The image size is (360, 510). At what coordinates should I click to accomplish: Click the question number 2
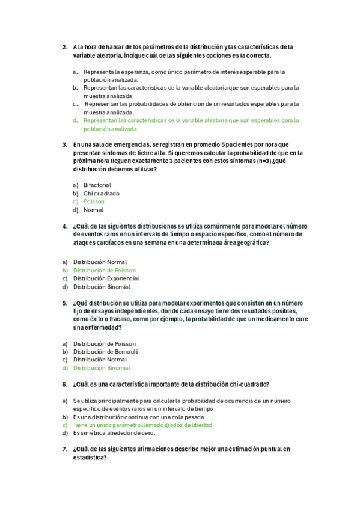pos(64,46)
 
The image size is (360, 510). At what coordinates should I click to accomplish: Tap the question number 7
pos(64,449)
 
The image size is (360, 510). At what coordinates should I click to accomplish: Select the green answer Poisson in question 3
pos(94,202)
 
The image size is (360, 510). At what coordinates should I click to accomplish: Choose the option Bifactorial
pos(97,185)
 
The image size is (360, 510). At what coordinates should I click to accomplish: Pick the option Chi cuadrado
pos(102,194)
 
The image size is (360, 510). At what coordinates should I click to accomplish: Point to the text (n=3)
pos(262,161)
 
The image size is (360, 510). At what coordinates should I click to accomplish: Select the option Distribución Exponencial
pos(106,278)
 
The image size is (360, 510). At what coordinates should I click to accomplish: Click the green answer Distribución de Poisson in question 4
pos(105,271)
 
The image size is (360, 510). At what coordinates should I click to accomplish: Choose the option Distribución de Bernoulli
pos(106,351)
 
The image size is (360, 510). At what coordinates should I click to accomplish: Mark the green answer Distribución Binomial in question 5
pos(102,368)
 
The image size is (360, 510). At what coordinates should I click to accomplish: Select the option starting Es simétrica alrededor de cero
pos(114,432)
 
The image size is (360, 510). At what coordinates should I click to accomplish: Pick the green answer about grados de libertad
pos(142,425)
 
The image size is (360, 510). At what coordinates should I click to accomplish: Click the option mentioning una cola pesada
pos(138,417)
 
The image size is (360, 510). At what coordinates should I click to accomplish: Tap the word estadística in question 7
pos(89,457)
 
